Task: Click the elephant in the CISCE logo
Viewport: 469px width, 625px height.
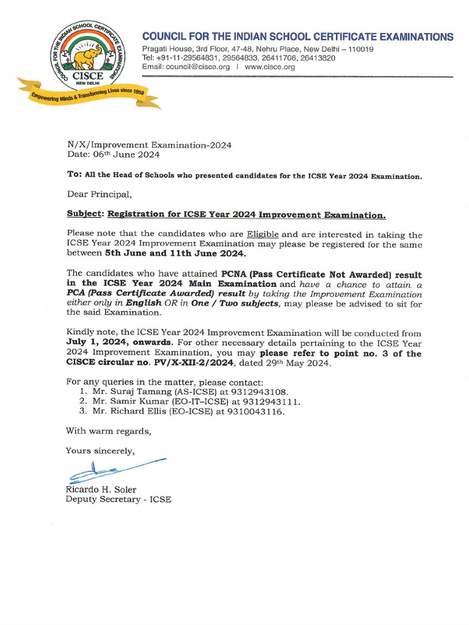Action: [x=87, y=58]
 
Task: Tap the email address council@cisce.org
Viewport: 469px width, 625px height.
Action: [x=198, y=67]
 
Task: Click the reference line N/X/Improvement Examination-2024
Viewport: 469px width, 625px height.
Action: [x=149, y=145]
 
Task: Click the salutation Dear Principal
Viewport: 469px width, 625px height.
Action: [x=98, y=195]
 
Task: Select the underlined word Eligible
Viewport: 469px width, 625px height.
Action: [x=263, y=234]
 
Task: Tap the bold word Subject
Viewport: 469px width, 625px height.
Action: [x=84, y=215]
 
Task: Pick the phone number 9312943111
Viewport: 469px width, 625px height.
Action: [x=275, y=402]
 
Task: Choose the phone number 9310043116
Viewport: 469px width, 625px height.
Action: [x=259, y=412]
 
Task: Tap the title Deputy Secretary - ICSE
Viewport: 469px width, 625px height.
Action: [x=118, y=499]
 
